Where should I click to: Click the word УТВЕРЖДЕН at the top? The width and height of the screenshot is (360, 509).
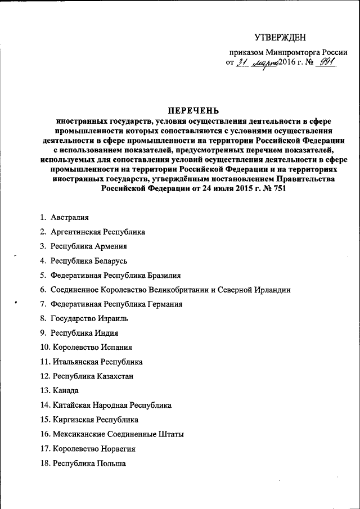[280, 38]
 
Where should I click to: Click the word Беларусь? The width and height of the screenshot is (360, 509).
[111, 261]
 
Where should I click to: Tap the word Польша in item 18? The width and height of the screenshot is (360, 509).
[111, 463]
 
